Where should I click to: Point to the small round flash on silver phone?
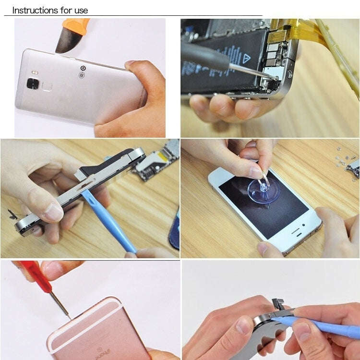tap(83, 69)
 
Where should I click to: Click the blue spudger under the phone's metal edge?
tap(108, 221)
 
